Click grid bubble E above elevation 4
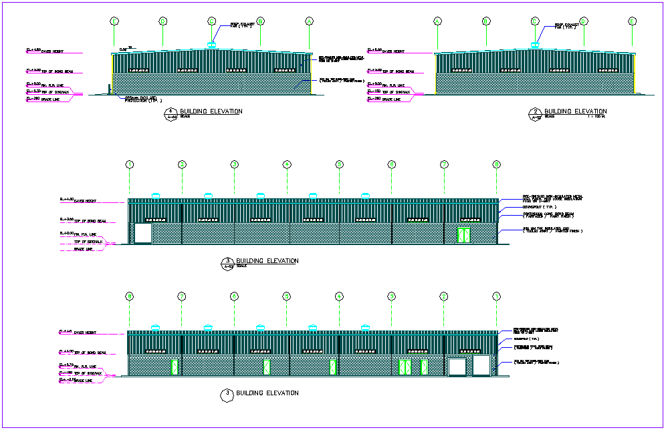pyautogui.click(x=114, y=21)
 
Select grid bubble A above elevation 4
pyautogui.click(x=309, y=21)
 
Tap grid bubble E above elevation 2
pyautogui.click(x=632, y=21)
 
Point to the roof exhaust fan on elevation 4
pyautogui.click(x=211, y=45)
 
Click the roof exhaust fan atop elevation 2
pyautogui.click(x=534, y=45)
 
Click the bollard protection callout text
pyautogui.click(x=141, y=99)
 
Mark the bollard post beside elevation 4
pyautogui.click(x=108, y=89)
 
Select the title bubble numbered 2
pyautogui.click(x=535, y=112)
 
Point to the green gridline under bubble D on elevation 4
pyautogui.click(x=162, y=37)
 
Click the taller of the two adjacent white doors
pyautogui.click(x=481, y=365)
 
